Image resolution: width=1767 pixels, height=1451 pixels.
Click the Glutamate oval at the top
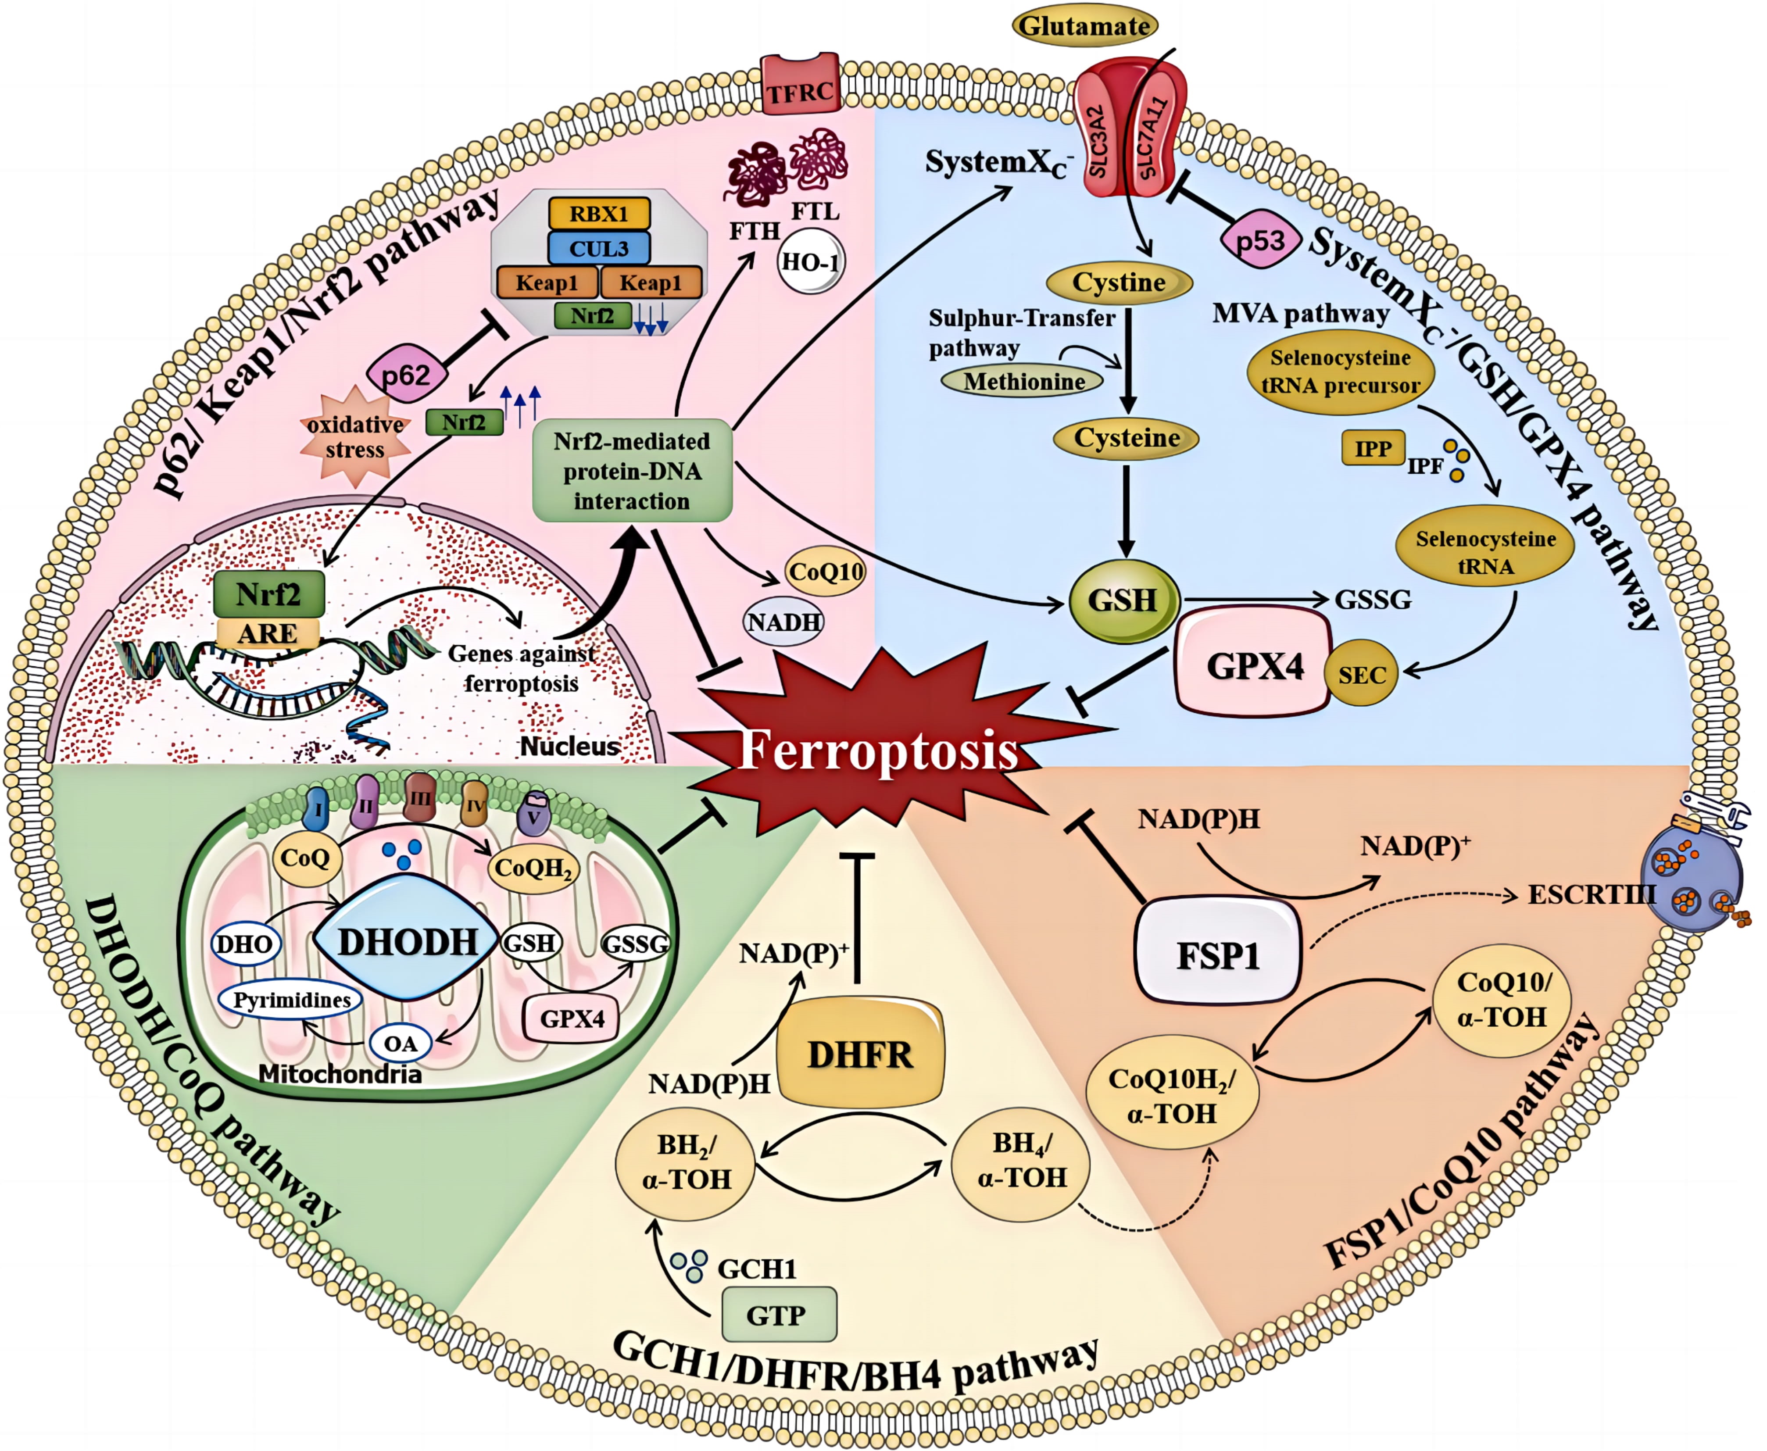(x=1084, y=26)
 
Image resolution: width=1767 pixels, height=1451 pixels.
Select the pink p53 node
(x=1259, y=241)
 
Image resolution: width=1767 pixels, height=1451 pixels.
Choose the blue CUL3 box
(x=598, y=248)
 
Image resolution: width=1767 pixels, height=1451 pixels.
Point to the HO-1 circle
(x=810, y=262)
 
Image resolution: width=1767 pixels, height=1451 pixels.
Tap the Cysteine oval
(x=1126, y=438)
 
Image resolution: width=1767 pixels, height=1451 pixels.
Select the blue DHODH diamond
(x=407, y=942)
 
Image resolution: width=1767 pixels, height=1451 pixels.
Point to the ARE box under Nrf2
(x=268, y=633)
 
